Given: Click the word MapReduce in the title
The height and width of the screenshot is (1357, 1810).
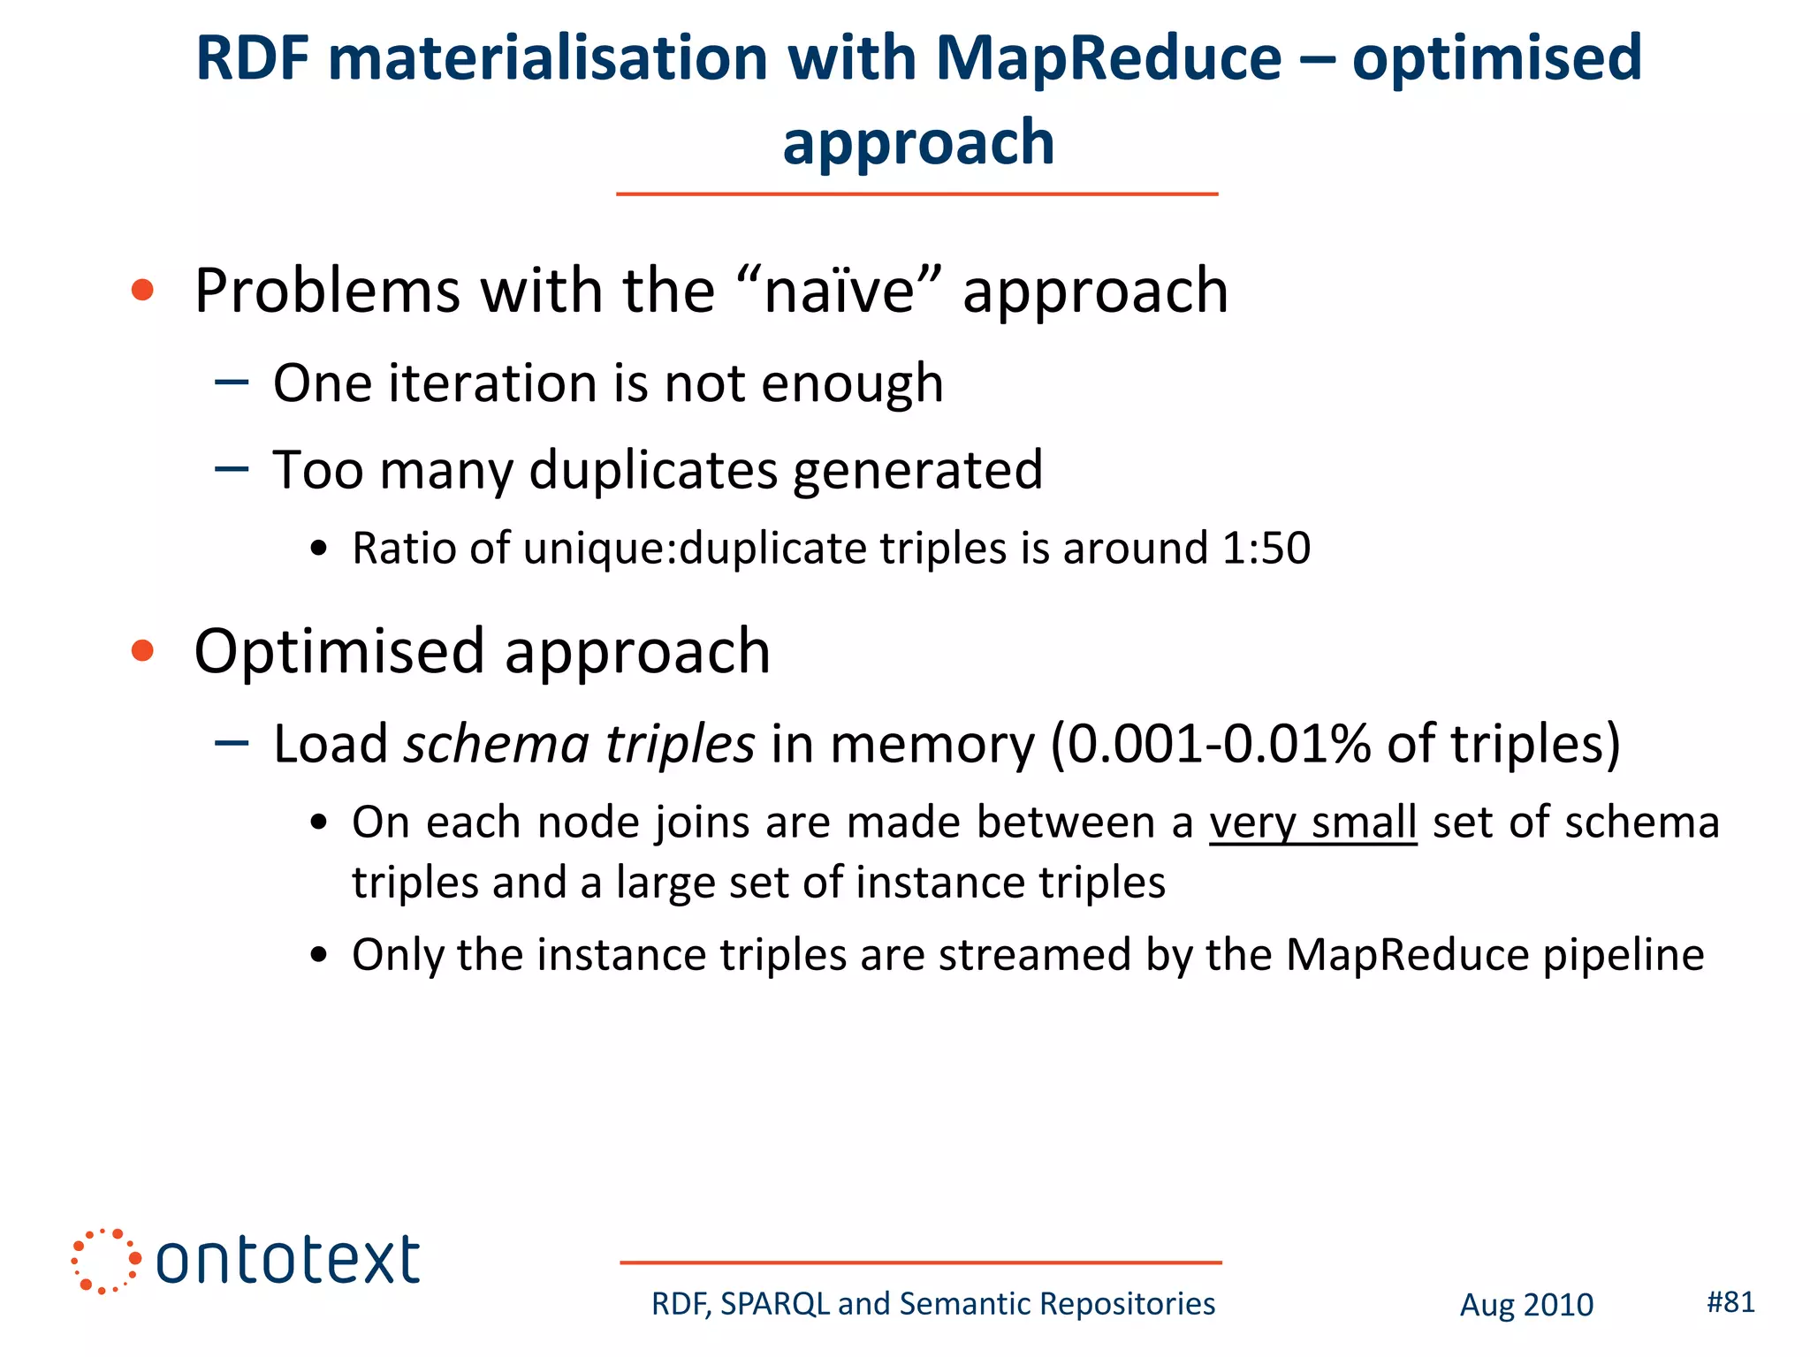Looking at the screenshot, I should [1108, 58].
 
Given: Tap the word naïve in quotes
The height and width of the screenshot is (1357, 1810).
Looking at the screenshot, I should [839, 291].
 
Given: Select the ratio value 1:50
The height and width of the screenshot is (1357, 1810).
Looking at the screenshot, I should [1266, 548].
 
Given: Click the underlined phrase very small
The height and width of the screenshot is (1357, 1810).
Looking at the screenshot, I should [1312, 823].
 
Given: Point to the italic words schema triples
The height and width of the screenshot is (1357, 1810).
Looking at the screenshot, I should [579, 743].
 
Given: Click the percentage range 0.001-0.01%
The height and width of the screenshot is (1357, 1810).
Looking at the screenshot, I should [1219, 743].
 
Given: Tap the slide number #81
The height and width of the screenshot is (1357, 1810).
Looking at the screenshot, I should [1730, 1301].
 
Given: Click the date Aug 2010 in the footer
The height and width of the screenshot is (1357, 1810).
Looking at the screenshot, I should [1525, 1305].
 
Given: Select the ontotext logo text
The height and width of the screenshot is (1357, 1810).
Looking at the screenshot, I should [287, 1260].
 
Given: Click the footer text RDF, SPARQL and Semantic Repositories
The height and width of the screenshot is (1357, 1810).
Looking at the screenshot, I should [932, 1304].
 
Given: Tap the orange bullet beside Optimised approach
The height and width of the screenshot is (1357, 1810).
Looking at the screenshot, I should [142, 651].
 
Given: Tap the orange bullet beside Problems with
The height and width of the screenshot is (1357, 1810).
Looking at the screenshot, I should [142, 290].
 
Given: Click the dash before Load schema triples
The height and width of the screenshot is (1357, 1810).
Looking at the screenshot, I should [232, 743].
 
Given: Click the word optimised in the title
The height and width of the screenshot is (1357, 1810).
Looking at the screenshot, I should [1496, 58].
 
